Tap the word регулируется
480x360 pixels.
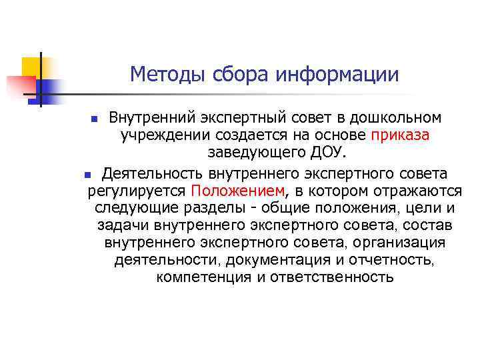click(x=137, y=191)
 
